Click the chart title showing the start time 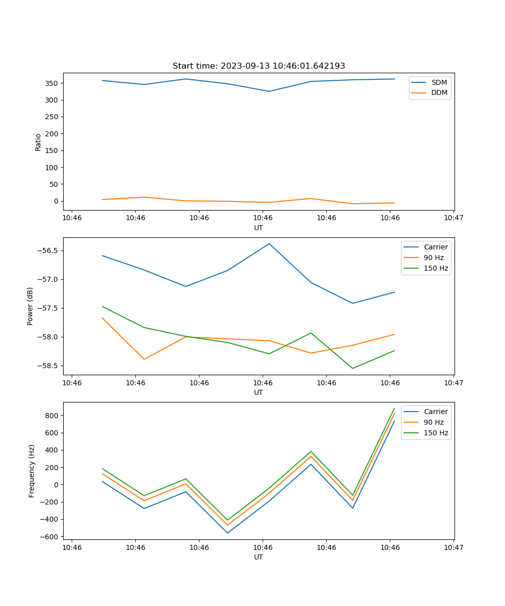pyautogui.click(x=259, y=66)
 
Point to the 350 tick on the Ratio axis pyautogui.click(x=54, y=83)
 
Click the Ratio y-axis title pyautogui.click(x=38, y=142)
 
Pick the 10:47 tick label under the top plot pyautogui.click(x=453, y=218)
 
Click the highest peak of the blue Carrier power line pyautogui.click(x=269, y=243)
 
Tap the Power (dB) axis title pyautogui.click(x=30, y=306)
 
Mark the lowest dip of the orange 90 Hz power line pyautogui.click(x=144, y=359)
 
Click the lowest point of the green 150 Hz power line pyautogui.click(x=352, y=368)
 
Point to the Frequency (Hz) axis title pyautogui.click(x=32, y=471)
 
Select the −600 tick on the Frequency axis pyautogui.click(x=51, y=536)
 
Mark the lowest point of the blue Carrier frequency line pyautogui.click(x=227, y=533)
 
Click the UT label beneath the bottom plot pyautogui.click(x=259, y=557)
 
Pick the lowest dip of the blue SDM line pyautogui.click(x=269, y=91)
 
